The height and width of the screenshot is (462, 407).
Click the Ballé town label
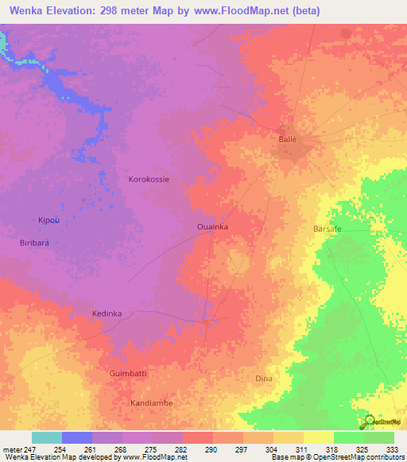click(x=287, y=139)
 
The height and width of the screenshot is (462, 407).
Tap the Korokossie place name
click(x=149, y=179)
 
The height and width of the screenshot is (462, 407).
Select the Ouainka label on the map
click(x=213, y=227)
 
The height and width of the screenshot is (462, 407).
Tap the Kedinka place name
click(x=107, y=314)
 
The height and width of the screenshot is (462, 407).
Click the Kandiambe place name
click(x=151, y=402)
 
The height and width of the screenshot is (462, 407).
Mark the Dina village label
click(x=264, y=379)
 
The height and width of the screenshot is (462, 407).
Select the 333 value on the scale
click(x=393, y=449)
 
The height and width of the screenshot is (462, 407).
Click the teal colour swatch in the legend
click(x=46, y=437)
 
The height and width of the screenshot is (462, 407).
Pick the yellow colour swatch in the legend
click(x=318, y=437)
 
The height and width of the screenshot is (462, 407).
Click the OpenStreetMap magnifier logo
click(x=368, y=421)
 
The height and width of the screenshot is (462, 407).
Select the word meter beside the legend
click(x=12, y=449)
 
